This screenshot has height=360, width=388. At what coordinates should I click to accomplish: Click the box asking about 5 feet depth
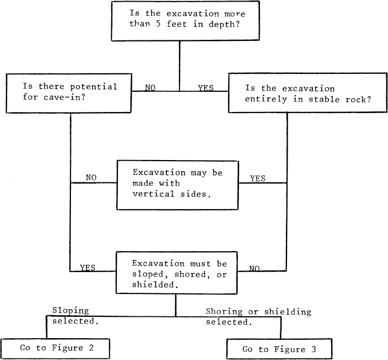click(x=180, y=20)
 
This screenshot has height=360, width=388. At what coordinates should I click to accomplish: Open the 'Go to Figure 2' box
click(x=56, y=348)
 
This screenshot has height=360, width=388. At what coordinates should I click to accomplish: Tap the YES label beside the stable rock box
click(x=206, y=87)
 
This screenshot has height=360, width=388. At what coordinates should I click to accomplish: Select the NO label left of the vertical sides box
click(x=91, y=178)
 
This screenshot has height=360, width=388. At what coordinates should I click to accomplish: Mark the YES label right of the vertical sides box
click(x=258, y=178)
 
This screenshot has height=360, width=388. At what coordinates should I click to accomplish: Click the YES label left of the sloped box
click(x=88, y=268)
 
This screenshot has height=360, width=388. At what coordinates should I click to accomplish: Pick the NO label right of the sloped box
click(x=254, y=269)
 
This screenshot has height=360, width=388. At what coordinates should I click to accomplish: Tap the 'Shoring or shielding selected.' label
click(x=258, y=317)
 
